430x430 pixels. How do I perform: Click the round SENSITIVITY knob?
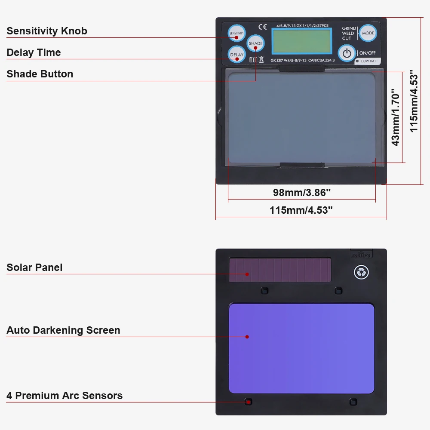pyautogui.click(x=236, y=33)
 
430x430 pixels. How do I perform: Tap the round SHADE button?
pyautogui.click(x=255, y=43)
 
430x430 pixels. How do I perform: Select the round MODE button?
pyautogui.click(x=368, y=33)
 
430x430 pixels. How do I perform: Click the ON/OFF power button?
pyautogui.click(x=347, y=53)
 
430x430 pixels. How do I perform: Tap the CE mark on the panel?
pyautogui.click(x=262, y=26)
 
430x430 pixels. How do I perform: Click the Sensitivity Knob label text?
pyautogui.click(x=47, y=31)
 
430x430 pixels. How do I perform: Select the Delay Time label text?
pyautogui.click(x=34, y=52)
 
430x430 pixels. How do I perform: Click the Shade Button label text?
pyautogui.click(x=40, y=74)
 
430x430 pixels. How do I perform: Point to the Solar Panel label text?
pyautogui.click(x=34, y=267)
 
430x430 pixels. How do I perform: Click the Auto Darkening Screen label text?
pyautogui.click(x=63, y=330)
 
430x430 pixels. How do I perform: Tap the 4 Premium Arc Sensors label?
pyautogui.click(x=64, y=396)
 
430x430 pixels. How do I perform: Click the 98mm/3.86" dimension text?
pyautogui.click(x=302, y=193)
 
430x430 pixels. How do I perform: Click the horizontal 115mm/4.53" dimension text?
pyautogui.click(x=301, y=210)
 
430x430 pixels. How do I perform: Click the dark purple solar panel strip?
pyautogui.click(x=280, y=270)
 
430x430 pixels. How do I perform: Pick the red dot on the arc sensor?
pyautogui.click(x=248, y=402)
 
